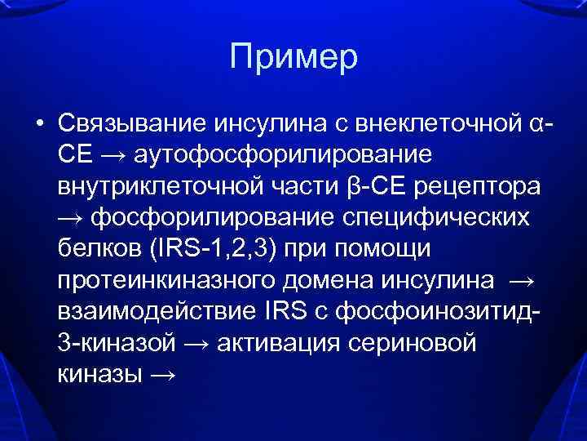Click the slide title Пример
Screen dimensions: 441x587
pos(293,57)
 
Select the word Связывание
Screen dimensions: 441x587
pos(133,125)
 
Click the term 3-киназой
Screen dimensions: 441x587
pos(116,341)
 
